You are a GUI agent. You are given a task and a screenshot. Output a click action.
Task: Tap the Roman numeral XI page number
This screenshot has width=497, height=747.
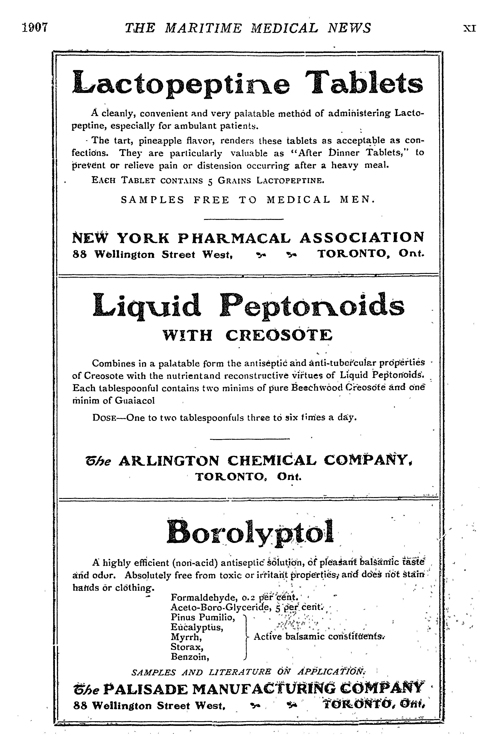tap(469, 28)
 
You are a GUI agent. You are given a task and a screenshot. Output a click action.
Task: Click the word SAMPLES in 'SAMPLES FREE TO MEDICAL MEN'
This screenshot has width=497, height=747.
tap(153, 200)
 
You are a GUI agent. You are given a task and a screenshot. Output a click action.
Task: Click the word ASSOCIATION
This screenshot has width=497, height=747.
tap(361, 237)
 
